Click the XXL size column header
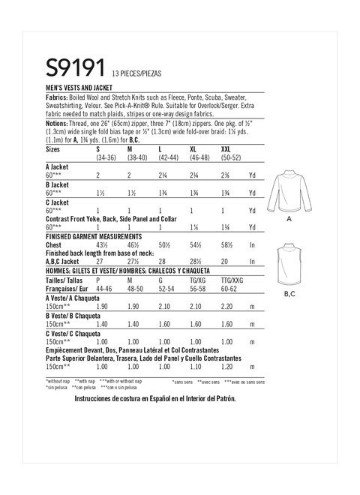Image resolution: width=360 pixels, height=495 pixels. [x=223, y=151]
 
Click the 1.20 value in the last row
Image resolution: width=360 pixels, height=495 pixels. [x=223, y=367]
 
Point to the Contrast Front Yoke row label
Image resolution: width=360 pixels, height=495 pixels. [x=112, y=218]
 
